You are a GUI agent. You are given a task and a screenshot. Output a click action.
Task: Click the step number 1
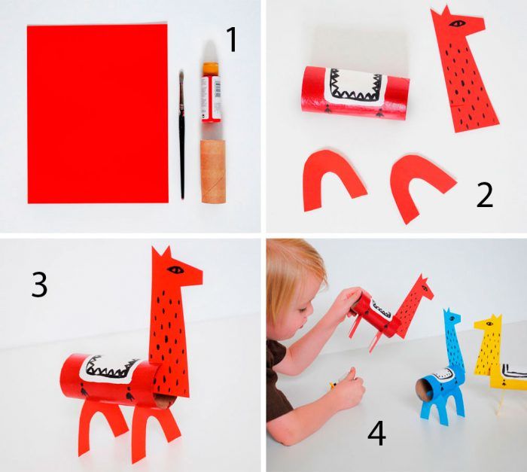[232, 40]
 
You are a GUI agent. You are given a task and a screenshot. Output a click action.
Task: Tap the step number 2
[485, 195]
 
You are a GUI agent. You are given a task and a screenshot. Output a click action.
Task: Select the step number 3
[39, 285]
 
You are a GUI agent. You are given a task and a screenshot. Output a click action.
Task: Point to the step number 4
[376, 434]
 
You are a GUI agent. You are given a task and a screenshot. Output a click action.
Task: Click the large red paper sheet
[97, 114]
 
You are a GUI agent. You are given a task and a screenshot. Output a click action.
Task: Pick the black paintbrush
[182, 135]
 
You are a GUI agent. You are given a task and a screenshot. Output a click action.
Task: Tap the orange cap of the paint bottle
[211, 69]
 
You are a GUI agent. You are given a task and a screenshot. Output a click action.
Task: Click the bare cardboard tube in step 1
[213, 172]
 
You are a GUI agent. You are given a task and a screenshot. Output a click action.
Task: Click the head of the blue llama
[452, 318]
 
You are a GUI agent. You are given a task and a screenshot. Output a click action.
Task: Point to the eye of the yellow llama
[489, 324]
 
